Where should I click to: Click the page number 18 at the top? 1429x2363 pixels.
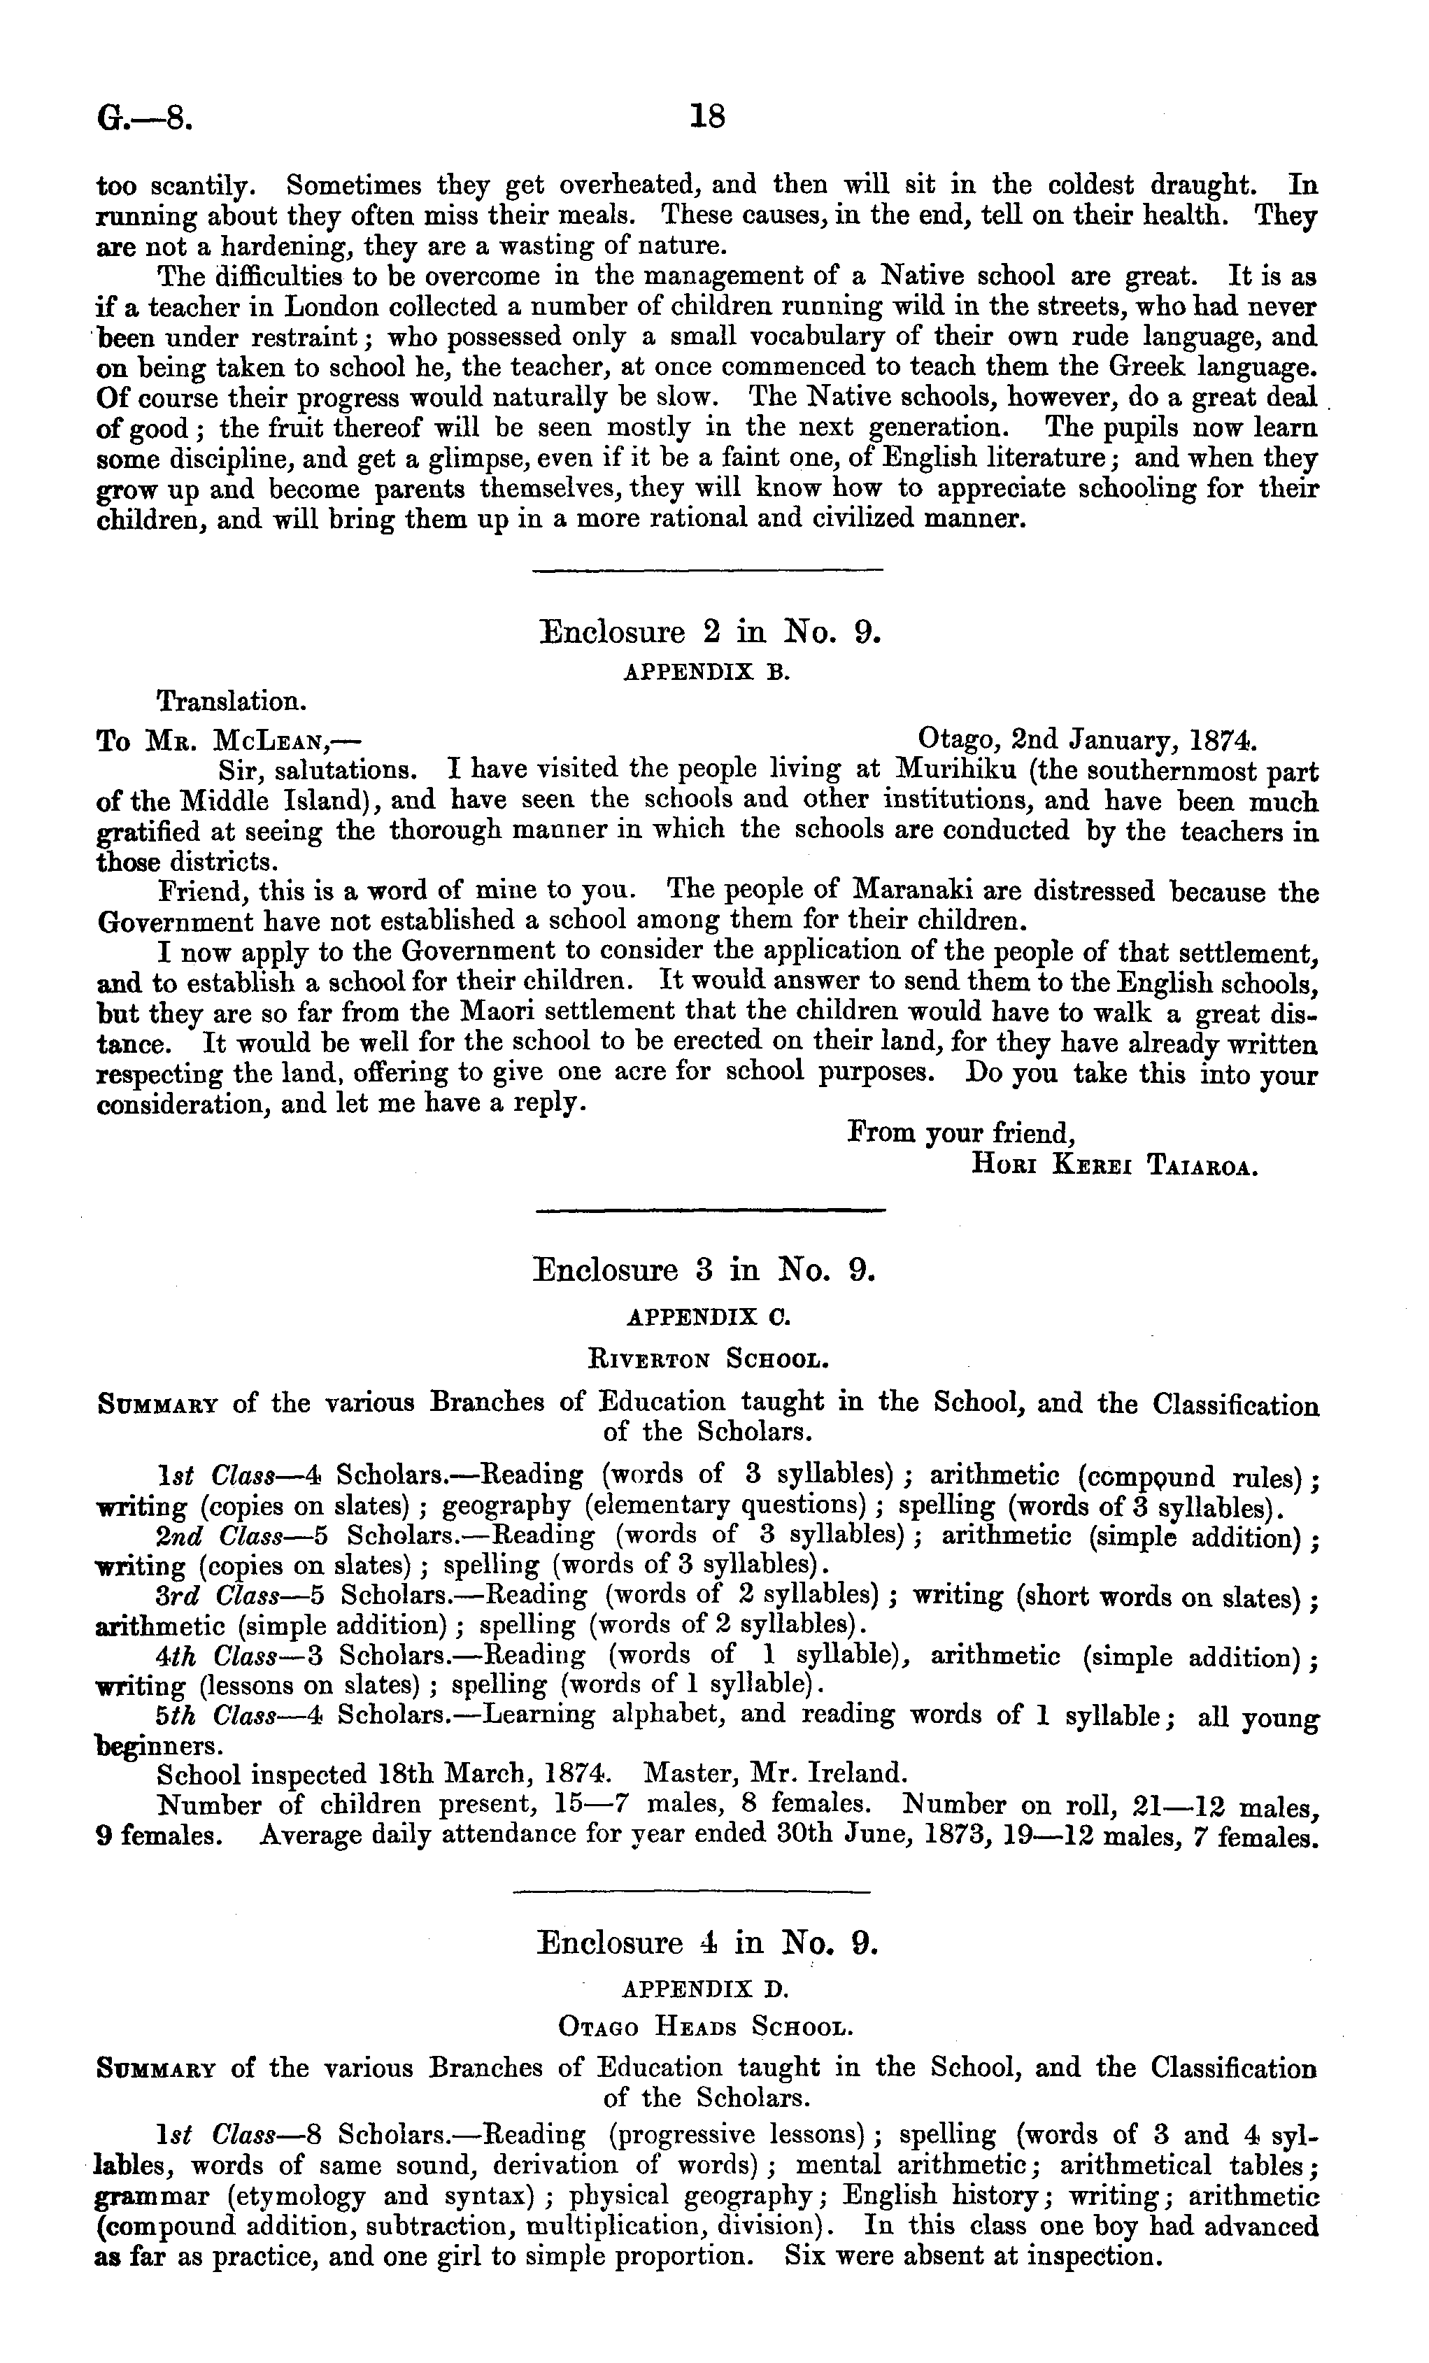point(707,117)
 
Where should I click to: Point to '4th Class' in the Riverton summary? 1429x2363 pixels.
point(210,1654)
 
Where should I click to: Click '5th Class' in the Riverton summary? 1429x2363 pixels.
point(210,1714)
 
